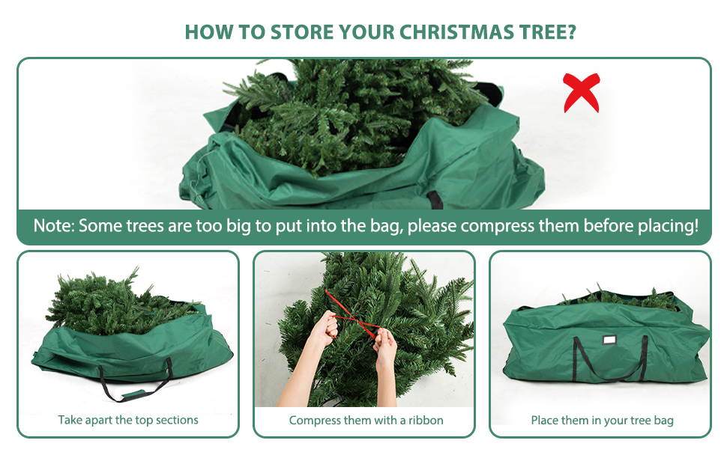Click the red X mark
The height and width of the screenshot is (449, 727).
(582, 92)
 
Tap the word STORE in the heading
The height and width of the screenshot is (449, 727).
(298, 33)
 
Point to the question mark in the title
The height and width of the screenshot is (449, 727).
(571, 33)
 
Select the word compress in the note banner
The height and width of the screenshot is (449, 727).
(495, 225)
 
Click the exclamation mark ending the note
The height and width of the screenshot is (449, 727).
(696, 225)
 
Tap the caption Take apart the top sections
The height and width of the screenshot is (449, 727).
(128, 420)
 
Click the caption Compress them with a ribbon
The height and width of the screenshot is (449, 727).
(366, 420)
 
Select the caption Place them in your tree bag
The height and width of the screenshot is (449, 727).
(602, 420)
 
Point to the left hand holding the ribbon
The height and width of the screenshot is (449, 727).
(322, 332)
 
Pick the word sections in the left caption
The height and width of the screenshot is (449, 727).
(176, 420)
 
